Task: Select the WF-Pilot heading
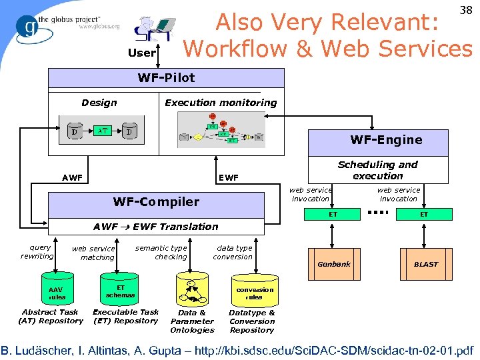coord(167,77)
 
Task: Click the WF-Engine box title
coord(387,139)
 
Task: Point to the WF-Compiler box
coord(156,201)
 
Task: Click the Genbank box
coord(333,264)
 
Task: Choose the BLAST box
coord(425,264)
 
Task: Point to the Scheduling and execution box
coord(377,170)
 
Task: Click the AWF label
coord(72,178)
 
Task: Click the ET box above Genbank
coord(333,214)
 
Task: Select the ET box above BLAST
coord(424,214)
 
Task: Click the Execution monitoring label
coord(221,103)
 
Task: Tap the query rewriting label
coord(37,251)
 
